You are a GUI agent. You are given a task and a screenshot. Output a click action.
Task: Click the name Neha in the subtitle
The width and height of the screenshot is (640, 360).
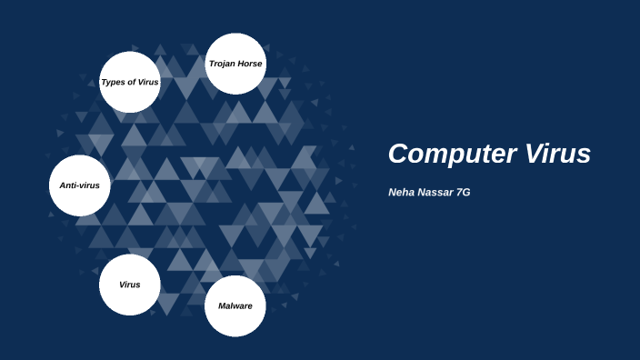coord(401,193)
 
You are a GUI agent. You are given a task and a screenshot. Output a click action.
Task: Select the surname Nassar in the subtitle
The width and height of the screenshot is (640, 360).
coord(435,193)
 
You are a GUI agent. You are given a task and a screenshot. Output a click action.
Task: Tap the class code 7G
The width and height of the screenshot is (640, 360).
coord(463,193)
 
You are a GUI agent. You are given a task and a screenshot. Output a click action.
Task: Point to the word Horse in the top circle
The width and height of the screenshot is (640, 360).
coord(248,64)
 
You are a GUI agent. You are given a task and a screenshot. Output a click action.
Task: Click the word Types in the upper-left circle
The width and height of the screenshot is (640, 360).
coord(113,82)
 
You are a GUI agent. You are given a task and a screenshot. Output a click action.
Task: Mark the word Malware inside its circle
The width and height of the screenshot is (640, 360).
coord(235,305)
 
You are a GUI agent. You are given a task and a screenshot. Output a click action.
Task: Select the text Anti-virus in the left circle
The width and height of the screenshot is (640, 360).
coord(79,185)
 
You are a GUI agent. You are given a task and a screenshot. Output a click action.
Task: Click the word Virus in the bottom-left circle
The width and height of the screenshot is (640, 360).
coord(130,285)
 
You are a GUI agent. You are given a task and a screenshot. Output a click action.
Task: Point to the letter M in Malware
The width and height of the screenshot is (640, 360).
coord(223,305)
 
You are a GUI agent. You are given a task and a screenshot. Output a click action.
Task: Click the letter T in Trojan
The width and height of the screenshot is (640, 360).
coord(211,64)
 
